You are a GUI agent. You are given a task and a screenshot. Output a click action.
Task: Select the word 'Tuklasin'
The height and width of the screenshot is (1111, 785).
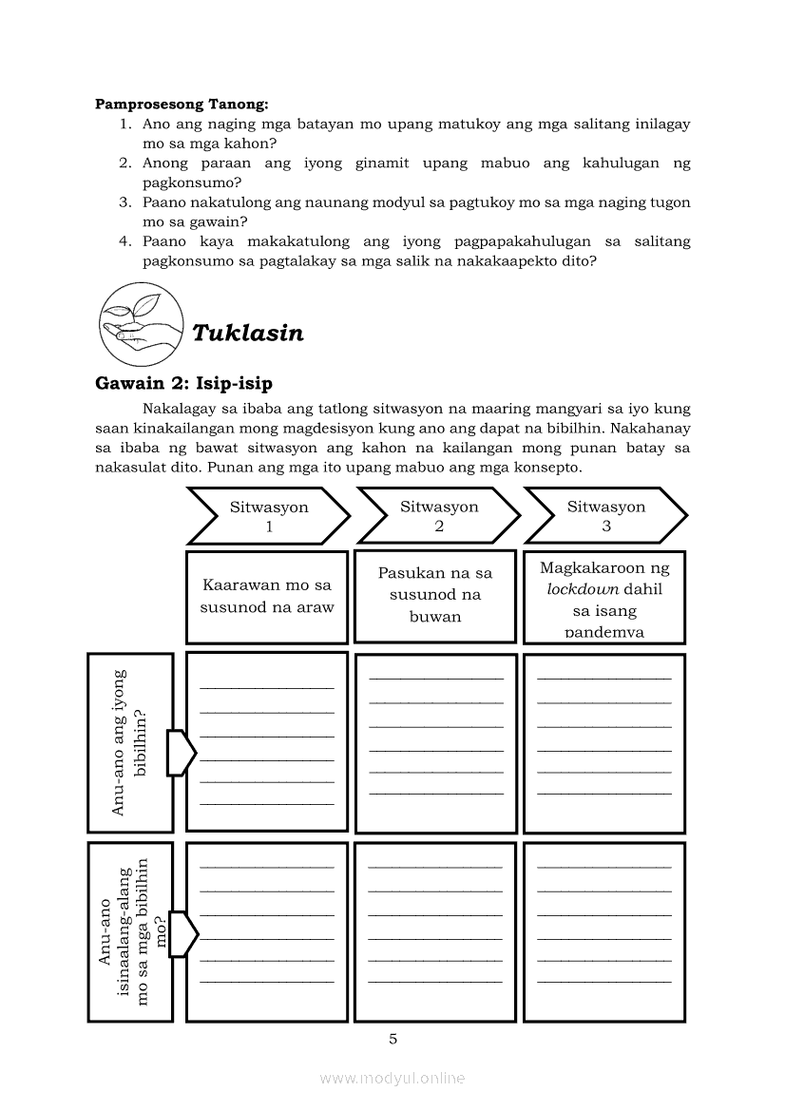pyautogui.click(x=248, y=333)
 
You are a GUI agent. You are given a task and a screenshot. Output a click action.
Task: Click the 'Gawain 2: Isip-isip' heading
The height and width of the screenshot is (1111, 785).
pyautogui.click(x=183, y=384)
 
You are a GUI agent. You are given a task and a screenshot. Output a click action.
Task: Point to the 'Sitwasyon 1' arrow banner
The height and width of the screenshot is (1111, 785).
pyautogui.click(x=269, y=516)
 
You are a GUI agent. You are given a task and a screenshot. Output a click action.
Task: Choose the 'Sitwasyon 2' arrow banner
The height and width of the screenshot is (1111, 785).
pyautogui.click(x=439, y=516)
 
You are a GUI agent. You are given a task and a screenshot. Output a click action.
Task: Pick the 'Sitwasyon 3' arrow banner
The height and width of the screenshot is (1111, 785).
pyautogui.click(x=605, y=516)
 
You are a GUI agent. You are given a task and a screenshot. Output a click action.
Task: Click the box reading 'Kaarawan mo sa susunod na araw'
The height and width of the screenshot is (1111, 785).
pyautogui.click(x=267, y=597)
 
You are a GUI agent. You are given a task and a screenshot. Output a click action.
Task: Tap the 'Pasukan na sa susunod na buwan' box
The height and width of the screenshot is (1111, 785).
pyautogui.click(x=435, y=595)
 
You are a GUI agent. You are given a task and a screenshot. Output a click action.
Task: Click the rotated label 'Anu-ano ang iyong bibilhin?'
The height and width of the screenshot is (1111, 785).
pyautogui.click(x=130, y=742)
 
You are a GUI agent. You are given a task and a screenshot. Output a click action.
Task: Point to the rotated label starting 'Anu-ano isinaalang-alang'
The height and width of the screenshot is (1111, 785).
pyautogui.click(x=130, y=931)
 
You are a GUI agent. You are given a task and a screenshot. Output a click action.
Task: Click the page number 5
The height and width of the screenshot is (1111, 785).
pyautogui.click(x=392, y=1039)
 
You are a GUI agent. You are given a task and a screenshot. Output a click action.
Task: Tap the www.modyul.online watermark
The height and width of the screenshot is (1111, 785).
pyautogui.click(x=392, y=1078)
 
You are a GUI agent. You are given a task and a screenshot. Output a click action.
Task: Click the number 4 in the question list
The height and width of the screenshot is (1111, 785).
pyautogui.click(x=124, y=242)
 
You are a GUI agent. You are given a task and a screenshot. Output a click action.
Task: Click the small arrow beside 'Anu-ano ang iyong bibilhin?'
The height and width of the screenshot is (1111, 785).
pyautogui.click(x=181, y=753)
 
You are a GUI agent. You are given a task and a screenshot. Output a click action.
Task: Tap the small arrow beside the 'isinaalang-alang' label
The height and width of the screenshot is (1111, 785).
pyautogui.click(x=182, y=933)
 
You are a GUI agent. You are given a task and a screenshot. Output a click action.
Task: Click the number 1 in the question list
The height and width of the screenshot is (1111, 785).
pyautogui.click(x=124, y=124)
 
